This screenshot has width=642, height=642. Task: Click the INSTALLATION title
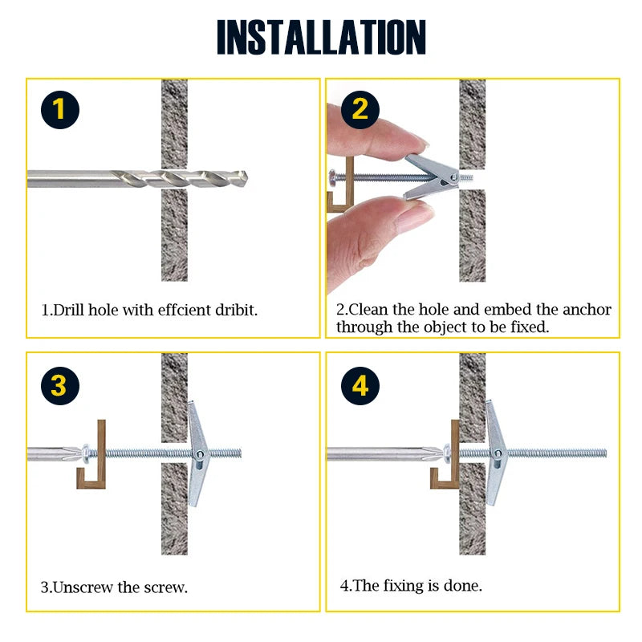click(x=321, y=38)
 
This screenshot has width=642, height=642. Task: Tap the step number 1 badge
click(x=60, y=110)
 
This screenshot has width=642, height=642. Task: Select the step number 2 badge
click(x=360, y=110)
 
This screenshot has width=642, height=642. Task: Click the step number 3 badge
click(x=60, y=386)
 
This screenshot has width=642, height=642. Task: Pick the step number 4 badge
click(x=360, y=386)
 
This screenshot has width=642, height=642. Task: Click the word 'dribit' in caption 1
click(x=232, y=309)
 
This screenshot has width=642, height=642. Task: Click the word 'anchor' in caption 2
click(x=585, y=309)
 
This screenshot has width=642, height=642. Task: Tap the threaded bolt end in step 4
click(x=578, y=453)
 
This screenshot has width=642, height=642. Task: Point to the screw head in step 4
click(x=446, y=453)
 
